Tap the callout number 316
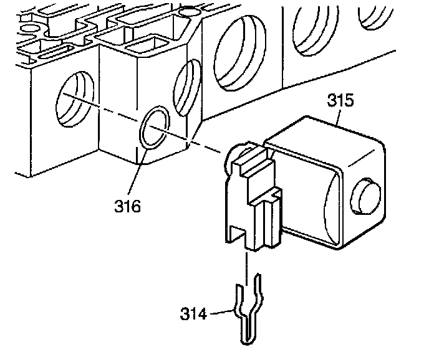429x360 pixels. click(128, 204)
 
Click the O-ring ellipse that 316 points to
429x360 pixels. click(153, 128)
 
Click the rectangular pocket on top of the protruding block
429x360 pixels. click(148, 47)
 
